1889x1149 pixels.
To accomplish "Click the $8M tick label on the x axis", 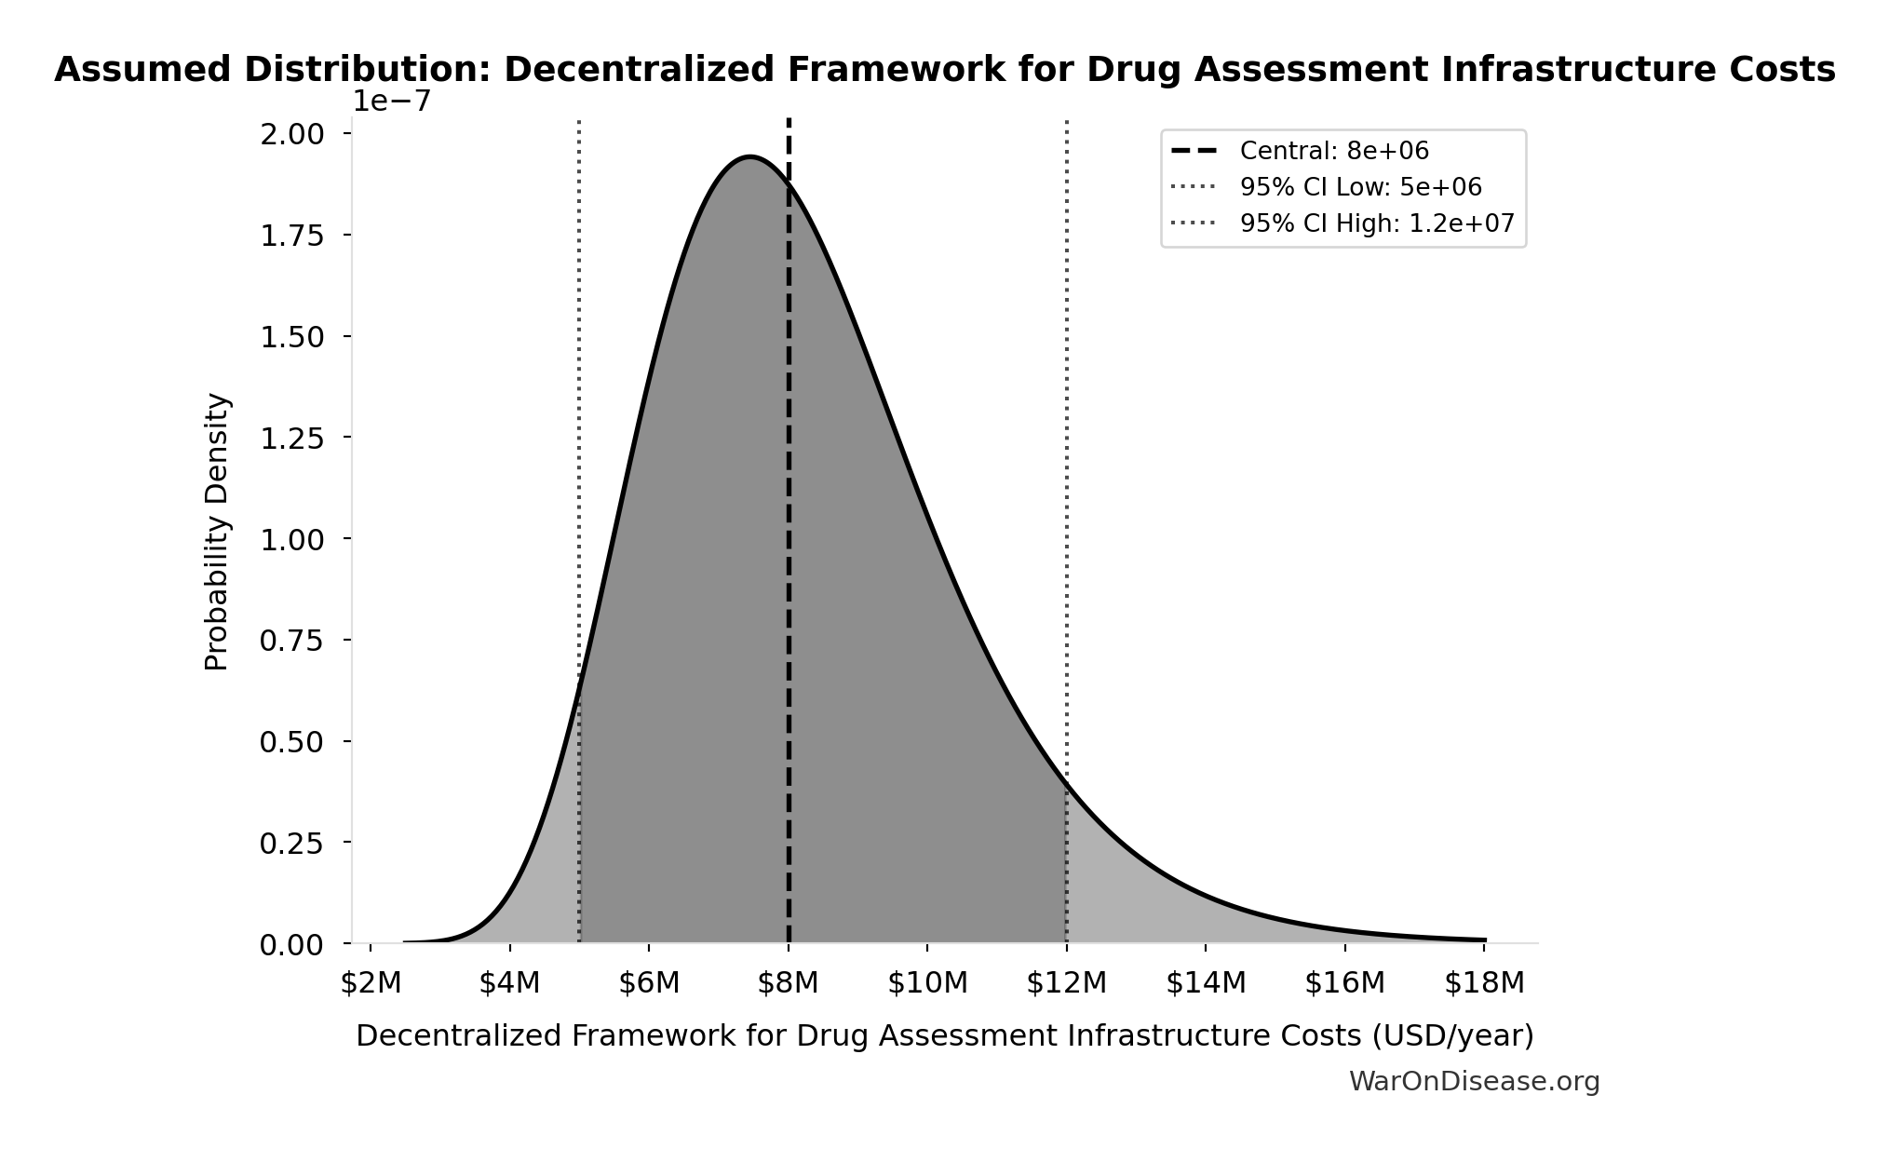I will (788, 983).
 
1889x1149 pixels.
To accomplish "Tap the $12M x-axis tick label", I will (1066, 983).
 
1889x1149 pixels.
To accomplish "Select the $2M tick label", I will (371, 983).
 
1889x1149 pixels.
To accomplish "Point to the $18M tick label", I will (1483, 983).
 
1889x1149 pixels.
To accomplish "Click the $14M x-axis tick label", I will (1205, 983).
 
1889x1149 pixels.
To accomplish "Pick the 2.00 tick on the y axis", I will (291, 134).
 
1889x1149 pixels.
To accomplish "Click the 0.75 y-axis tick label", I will (291, 641).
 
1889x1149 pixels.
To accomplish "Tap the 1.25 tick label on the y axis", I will (291, 438).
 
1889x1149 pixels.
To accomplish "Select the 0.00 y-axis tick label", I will (291, 945).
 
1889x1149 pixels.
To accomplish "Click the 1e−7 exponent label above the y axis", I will (391, 101).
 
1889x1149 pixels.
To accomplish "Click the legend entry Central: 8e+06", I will (1333, 151).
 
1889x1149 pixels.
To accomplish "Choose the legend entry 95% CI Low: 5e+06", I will (1359, 187).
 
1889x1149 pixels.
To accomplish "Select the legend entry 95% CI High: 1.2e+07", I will (1376, 223).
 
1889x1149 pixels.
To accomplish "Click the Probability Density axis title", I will (217, 531).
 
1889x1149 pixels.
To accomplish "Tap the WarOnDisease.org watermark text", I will (1474, 1082).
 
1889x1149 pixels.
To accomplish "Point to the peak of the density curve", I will (749, 156).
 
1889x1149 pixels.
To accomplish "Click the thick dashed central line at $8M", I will (789, 559).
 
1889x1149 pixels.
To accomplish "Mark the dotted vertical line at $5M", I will (579, 372).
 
